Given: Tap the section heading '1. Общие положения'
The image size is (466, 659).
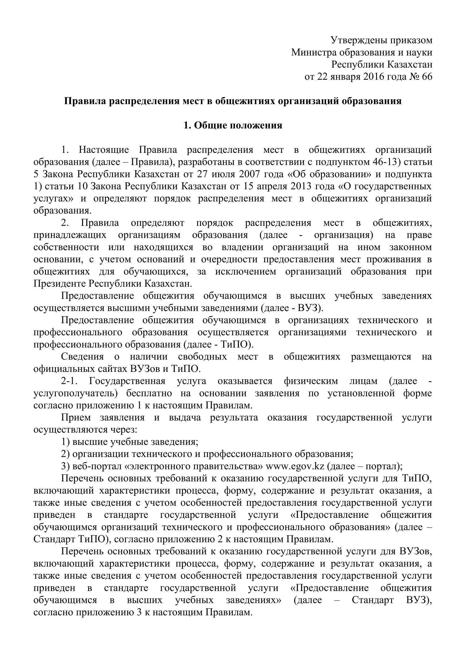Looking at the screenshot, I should click(x=233, y=125).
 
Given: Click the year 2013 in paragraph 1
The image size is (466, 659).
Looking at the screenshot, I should click(x=301, y=186).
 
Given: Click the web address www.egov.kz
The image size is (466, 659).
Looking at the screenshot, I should click(x=295, y=466).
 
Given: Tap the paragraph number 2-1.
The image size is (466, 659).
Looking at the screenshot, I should click(x=70, y=381).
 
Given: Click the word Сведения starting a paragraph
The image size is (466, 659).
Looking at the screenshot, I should click(x=82, y=357).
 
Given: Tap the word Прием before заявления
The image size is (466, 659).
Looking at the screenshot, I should click(x=76, y=418).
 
